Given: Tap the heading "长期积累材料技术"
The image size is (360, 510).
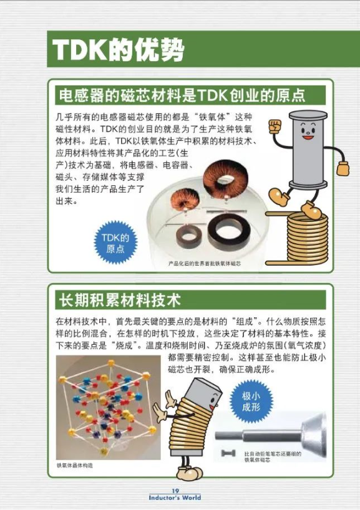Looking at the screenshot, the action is [119, 300].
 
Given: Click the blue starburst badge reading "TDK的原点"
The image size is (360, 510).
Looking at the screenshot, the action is [115, 243].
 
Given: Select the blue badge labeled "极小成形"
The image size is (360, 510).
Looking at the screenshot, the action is [251, 401].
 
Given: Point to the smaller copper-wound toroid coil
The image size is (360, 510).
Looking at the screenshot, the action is [185, 200].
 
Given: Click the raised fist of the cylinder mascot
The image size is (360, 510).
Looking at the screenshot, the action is [275, 126].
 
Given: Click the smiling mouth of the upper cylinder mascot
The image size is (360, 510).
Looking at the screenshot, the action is [308, 137].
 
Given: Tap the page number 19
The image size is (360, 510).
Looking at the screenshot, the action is [175, 491].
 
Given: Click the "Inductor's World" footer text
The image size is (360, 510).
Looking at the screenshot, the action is [175, 498].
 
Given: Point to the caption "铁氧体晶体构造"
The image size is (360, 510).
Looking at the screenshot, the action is [75, 465].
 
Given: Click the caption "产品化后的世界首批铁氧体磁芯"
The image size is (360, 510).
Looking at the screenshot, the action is [205, 263].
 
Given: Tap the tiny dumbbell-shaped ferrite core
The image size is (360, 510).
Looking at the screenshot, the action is [228, 453].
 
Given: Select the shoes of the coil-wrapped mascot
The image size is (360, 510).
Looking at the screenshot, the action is [190, 473].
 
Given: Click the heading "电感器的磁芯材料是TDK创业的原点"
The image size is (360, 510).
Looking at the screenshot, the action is [182, 95].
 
